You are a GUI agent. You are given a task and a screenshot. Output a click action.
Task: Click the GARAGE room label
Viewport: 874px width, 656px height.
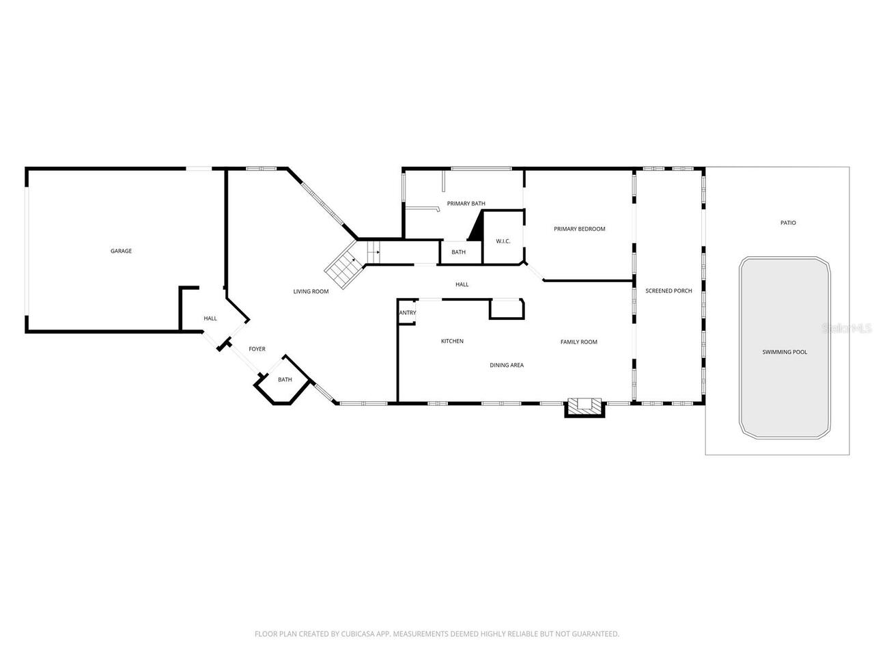[x=121, y=251]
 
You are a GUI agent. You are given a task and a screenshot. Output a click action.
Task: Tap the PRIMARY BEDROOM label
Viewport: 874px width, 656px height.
[x=579, y=229]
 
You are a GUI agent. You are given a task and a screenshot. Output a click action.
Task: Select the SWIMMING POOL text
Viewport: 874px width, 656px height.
[x=785, y=352]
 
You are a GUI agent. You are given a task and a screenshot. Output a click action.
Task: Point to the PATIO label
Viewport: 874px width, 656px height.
[x=788, y=223]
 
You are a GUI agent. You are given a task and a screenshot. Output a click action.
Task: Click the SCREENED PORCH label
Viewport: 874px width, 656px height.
[x=668, y=291]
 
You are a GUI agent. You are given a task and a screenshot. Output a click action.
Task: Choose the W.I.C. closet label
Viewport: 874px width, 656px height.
[x=503, y=241]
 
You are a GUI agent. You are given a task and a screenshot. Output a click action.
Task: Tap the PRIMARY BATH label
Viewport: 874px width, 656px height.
[x=466, y=204]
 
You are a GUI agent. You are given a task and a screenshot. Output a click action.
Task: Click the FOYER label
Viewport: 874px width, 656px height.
[x=257, y=349]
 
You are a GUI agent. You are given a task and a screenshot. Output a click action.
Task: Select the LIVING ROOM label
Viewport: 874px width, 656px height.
[x=311, y=292]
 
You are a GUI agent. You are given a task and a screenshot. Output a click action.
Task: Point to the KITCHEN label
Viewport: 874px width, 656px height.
[x=452, y=341]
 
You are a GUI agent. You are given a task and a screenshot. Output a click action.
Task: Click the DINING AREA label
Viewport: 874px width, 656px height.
[x=507, y=365]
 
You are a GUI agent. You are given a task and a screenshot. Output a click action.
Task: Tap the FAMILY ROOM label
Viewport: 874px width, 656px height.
[x=578, y=342]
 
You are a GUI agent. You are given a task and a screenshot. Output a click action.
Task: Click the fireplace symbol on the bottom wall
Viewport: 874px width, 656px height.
[x=584, y=407]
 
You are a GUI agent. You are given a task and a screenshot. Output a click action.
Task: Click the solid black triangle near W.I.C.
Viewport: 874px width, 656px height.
[x=476, y=228]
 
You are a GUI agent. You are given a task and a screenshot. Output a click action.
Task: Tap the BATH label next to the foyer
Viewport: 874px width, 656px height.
[x=285, y=379]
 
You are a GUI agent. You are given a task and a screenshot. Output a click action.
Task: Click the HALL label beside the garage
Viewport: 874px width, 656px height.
[x=210, y=318]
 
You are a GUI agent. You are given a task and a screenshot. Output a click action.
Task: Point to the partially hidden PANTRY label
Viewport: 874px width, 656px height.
[x=408, y=313]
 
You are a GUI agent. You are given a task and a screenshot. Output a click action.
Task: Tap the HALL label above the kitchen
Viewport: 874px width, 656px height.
[x=462, y=284]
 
